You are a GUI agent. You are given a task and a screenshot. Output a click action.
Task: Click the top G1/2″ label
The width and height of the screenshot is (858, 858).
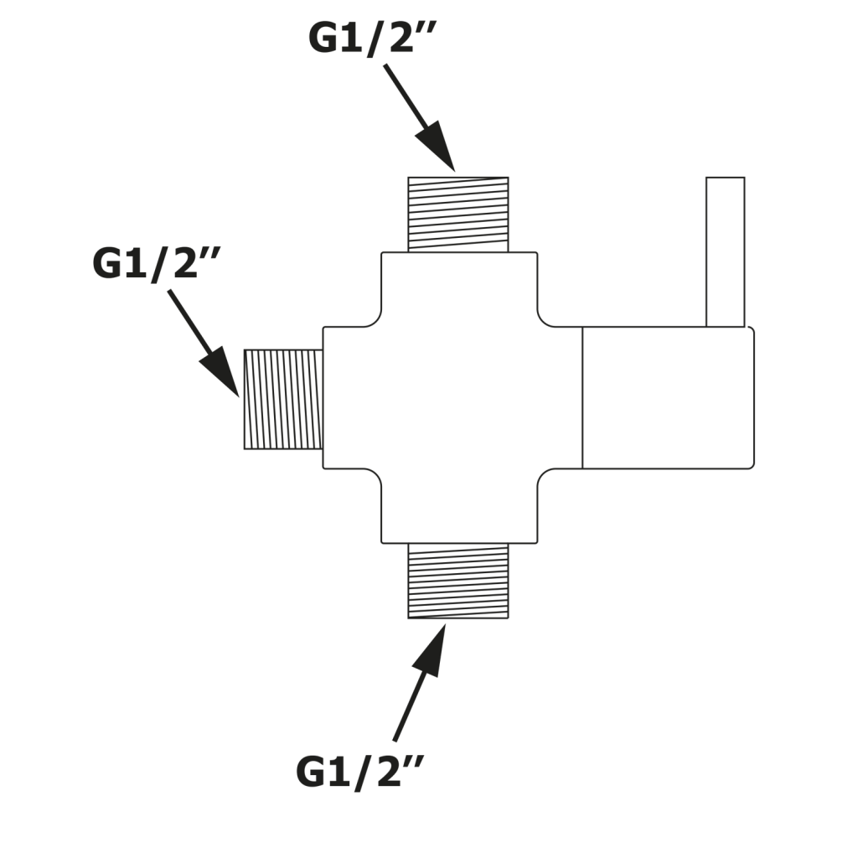coord(374,37)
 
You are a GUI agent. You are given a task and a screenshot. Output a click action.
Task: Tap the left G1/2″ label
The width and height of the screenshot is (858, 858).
coord(157,263)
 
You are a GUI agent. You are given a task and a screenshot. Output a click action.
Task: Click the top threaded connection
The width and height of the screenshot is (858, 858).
coord(457,214)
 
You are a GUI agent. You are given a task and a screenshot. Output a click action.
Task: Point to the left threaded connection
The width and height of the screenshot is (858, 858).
coord(283,399)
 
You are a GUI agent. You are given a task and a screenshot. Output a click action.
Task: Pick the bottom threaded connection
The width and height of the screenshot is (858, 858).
coord(457,581)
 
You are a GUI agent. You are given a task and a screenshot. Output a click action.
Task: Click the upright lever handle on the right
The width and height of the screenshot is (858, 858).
coord(725,251)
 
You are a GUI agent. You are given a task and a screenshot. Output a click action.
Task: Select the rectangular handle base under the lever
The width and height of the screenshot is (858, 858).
coord(668,397)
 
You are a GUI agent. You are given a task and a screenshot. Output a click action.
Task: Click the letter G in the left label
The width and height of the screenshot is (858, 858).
coord(108,263)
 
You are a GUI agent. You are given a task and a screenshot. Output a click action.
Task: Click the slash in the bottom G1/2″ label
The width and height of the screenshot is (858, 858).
coord(361,772)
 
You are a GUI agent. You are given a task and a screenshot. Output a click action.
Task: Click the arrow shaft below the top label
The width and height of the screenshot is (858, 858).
coord(406,97)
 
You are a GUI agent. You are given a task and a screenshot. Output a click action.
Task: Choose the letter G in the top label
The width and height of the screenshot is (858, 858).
coord(325,37)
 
